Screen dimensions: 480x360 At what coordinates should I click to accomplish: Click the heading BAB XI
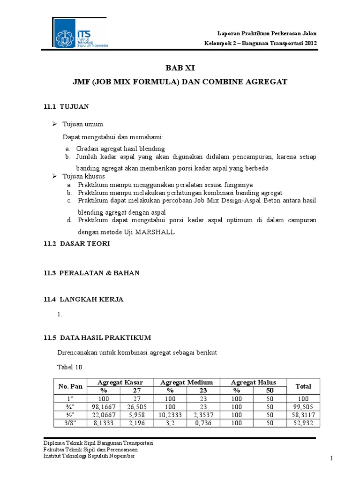[x=180, y=67]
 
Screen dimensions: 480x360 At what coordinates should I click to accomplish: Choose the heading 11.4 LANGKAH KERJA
[x=83, y=300]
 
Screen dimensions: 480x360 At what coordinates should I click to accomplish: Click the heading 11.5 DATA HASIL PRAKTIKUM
[x=97, y=337]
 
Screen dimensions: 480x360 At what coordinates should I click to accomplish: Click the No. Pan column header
[x=70, y=386]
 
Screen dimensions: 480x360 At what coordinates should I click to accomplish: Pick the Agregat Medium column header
[x=187, y=382]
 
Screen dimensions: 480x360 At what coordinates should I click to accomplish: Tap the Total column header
[x=303, y=386]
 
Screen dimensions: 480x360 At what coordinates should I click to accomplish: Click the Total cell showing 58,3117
[x=303, y=415]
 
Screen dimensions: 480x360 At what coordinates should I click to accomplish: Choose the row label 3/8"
[x=70, y=423]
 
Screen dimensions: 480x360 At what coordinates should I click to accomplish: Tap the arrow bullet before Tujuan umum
[x=54, y=124]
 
